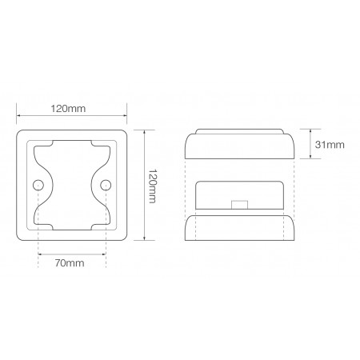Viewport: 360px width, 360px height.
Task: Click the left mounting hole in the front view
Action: click(x=38, y=186)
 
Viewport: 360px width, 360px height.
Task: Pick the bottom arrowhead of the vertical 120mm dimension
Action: click(x=145, y=240)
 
